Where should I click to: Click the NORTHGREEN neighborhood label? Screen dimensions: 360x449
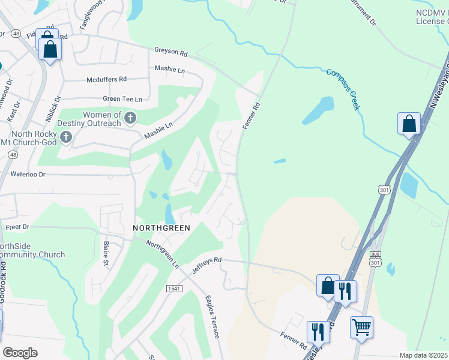(x=161, y=228)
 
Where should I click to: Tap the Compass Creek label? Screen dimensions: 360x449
(x=343, y=89)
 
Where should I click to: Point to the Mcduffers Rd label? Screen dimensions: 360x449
(x=107, y=79)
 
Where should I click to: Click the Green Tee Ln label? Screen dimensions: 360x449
(x=122, y=99)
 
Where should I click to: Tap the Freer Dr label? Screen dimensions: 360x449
(x=17, y=227)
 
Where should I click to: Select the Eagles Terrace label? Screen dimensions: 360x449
(x=212, y=317)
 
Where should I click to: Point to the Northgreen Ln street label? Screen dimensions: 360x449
(x=163, y=254)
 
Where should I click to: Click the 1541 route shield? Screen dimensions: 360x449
(x=174, y=289)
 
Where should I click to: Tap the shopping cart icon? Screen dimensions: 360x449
(x=361, y=328)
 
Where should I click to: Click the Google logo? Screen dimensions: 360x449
(x=20, y=353)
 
